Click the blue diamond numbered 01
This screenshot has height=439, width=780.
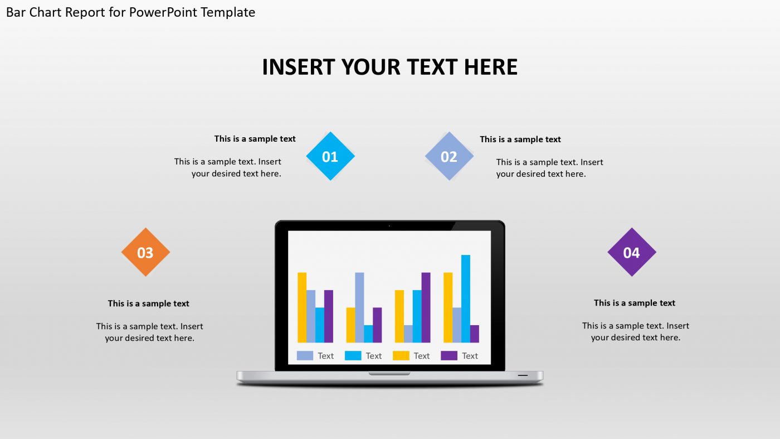pyautogui.click(x=330, y=156)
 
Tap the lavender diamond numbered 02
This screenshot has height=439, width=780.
pyautogui.click(x=449, y=156)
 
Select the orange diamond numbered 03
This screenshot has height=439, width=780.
pyautogui.click(x=145, y=252)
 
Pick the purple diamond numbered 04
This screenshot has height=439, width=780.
pyautogui.click(x=631, y=252)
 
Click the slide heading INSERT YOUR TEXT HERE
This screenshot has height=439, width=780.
pyautogui.click(x=389, y=67)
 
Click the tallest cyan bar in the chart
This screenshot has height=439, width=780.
pyautogui.click(x=465, y=298)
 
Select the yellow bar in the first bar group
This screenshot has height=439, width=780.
pyautogui.click(x=302, y=307)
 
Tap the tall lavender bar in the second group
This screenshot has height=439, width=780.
pyautogui.click(x=359, y=307)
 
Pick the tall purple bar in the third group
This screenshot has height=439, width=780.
pyautogui.click(x=426, y=307)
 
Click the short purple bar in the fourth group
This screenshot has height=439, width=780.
pyautogui.click(x=474, y=334)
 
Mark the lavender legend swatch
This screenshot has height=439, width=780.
pyautogui.click(x=305, y=355)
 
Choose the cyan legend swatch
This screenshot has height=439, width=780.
pyautogui.click(x=353, y=355)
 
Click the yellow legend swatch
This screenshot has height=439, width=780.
pyautogui.click(x=401, y=355)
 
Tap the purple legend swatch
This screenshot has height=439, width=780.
pyautogui.click(x=448, y=355)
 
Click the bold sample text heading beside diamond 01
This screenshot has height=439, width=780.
pyautogui.click(x=255, y=139)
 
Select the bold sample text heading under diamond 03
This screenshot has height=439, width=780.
pyautogui.click(x=148, y=303)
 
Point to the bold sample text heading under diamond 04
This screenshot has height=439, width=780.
pyautogui.click(x=634, y=303)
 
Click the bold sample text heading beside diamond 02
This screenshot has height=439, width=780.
pyautogui.click(x=520, y=139)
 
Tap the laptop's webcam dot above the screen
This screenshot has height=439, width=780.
pyautogui.click(x=389, y=226)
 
